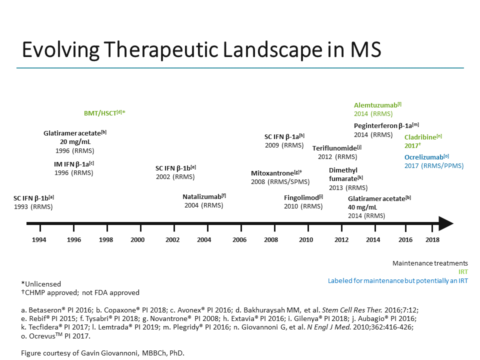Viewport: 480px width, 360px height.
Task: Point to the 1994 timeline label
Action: pyautogui.click(x=39, y=240)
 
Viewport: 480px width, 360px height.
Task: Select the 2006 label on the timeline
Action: pyautogui.click(x=239, y=240)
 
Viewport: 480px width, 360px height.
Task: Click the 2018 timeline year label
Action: pyautogui.click(x=432, y=240)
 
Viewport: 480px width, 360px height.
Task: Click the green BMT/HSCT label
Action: pyautogui.click(x=104, y=113)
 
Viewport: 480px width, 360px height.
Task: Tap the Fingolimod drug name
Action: pyautogui.click(x=303, y=197)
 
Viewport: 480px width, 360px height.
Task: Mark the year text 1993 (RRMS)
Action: pyautogui.click(x=33, y=206)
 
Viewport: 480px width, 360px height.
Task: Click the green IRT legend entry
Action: pyautogui.click(x=463, y=271)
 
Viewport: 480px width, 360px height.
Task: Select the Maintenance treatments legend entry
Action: pyautogui.click(x=430, y=263)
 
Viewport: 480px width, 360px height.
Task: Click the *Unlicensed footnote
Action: pyautogui.click(x=41, y=284)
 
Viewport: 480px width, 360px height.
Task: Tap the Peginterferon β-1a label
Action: pyautogui.click(x=386, y=125)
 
